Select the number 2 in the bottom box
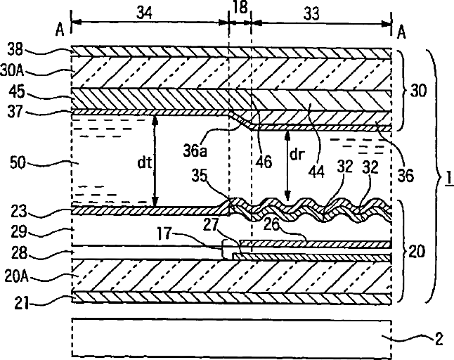[x=439, y=340]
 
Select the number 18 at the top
[x=240, y=8]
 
